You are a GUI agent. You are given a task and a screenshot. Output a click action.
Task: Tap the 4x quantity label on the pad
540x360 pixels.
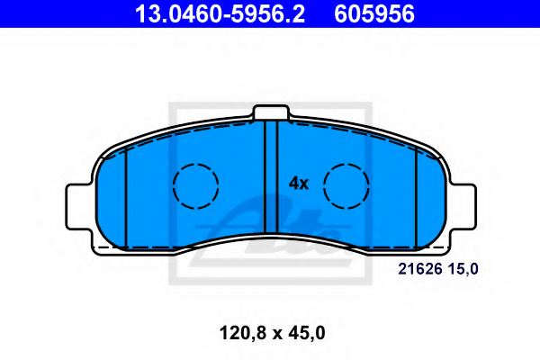pyautogui.click(x=298, y=184)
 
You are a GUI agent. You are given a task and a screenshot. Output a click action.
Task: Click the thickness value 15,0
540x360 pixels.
pyautogui.click(x=465, y=268)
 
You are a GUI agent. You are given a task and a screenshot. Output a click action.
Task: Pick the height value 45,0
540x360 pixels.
pyautogui.click(x=305, y=333)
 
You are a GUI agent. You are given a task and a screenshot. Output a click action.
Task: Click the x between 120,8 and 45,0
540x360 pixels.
pyautogui.click(x=269, y=334)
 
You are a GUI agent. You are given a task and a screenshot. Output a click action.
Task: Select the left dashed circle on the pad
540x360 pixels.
pyautogui.click(x=196, y=186)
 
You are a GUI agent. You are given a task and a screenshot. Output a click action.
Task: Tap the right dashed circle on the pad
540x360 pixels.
pyautogui.click(x=346, y=186)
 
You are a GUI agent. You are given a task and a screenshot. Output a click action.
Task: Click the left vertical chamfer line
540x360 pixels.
pyautogui.click(x=127, y=196)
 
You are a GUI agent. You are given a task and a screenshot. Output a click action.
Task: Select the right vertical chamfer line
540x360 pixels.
pyautogui.click(x=416, y=196)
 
